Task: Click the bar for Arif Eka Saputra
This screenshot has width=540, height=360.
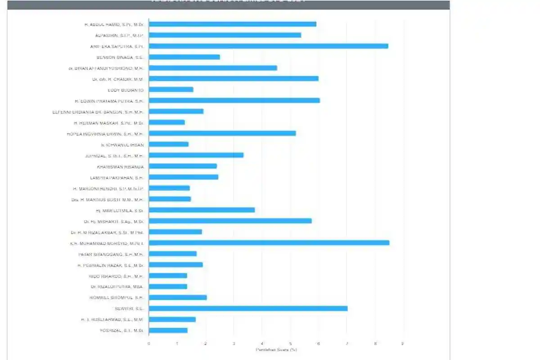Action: [268, 46]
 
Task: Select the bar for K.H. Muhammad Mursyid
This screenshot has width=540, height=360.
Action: [269, 243]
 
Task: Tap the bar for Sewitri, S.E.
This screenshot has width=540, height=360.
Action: [248, 308]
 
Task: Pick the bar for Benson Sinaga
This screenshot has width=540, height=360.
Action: [184, 57]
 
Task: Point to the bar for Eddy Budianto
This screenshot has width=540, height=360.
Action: [171, 90]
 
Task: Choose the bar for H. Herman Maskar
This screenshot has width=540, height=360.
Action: [166, 122]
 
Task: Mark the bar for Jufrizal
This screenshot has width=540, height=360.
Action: [196, 155]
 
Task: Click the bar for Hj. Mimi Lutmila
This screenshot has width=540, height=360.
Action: [202, 210]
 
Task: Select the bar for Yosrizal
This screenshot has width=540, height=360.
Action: [168, 330]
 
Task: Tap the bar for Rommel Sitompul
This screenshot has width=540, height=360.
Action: [178, 297]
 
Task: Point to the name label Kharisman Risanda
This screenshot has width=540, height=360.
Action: [120, 166]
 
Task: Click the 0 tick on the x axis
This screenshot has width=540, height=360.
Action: [149, 344]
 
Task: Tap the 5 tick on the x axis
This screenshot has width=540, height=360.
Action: [290, 344]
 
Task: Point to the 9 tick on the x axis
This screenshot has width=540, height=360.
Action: [403, 344]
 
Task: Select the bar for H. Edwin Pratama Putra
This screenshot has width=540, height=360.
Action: [234, 100]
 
